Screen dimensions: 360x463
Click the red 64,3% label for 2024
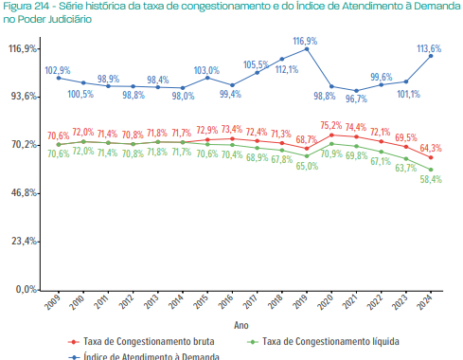pyautogui.click(x=431, y=148)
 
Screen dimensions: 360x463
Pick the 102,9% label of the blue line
pyautogui.click(x=58, y=70)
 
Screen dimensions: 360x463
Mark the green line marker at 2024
pyautogui.click(x=431, y=169)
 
